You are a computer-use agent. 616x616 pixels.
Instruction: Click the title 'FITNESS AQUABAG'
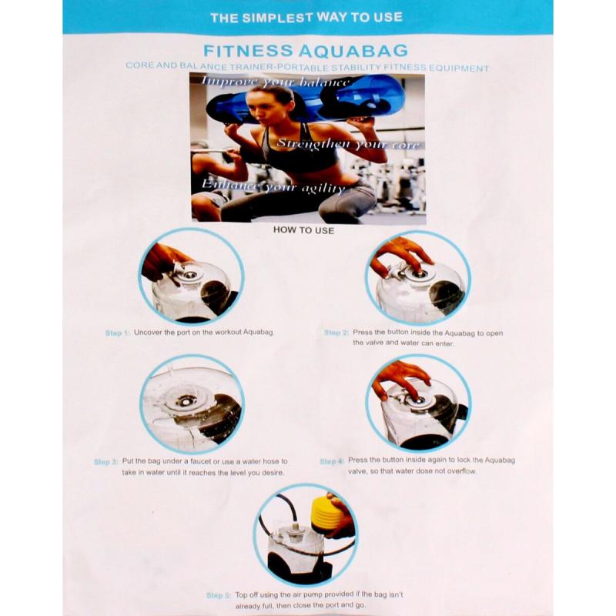306,51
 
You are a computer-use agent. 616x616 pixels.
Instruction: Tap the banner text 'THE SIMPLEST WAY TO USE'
306,17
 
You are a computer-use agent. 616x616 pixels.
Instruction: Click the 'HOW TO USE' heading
303,230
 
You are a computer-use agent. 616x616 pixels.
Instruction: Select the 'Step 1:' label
117,333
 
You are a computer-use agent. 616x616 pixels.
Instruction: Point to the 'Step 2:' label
336,333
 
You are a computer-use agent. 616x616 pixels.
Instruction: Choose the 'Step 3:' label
106,462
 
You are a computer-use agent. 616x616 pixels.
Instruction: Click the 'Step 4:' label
332,461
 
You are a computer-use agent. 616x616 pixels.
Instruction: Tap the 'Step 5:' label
219,595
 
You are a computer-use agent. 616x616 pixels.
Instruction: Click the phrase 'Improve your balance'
275,82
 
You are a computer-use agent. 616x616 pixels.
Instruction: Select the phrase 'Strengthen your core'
348,144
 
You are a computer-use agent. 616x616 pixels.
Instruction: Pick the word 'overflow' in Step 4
460,471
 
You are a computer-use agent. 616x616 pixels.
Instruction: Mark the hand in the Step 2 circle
400,256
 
